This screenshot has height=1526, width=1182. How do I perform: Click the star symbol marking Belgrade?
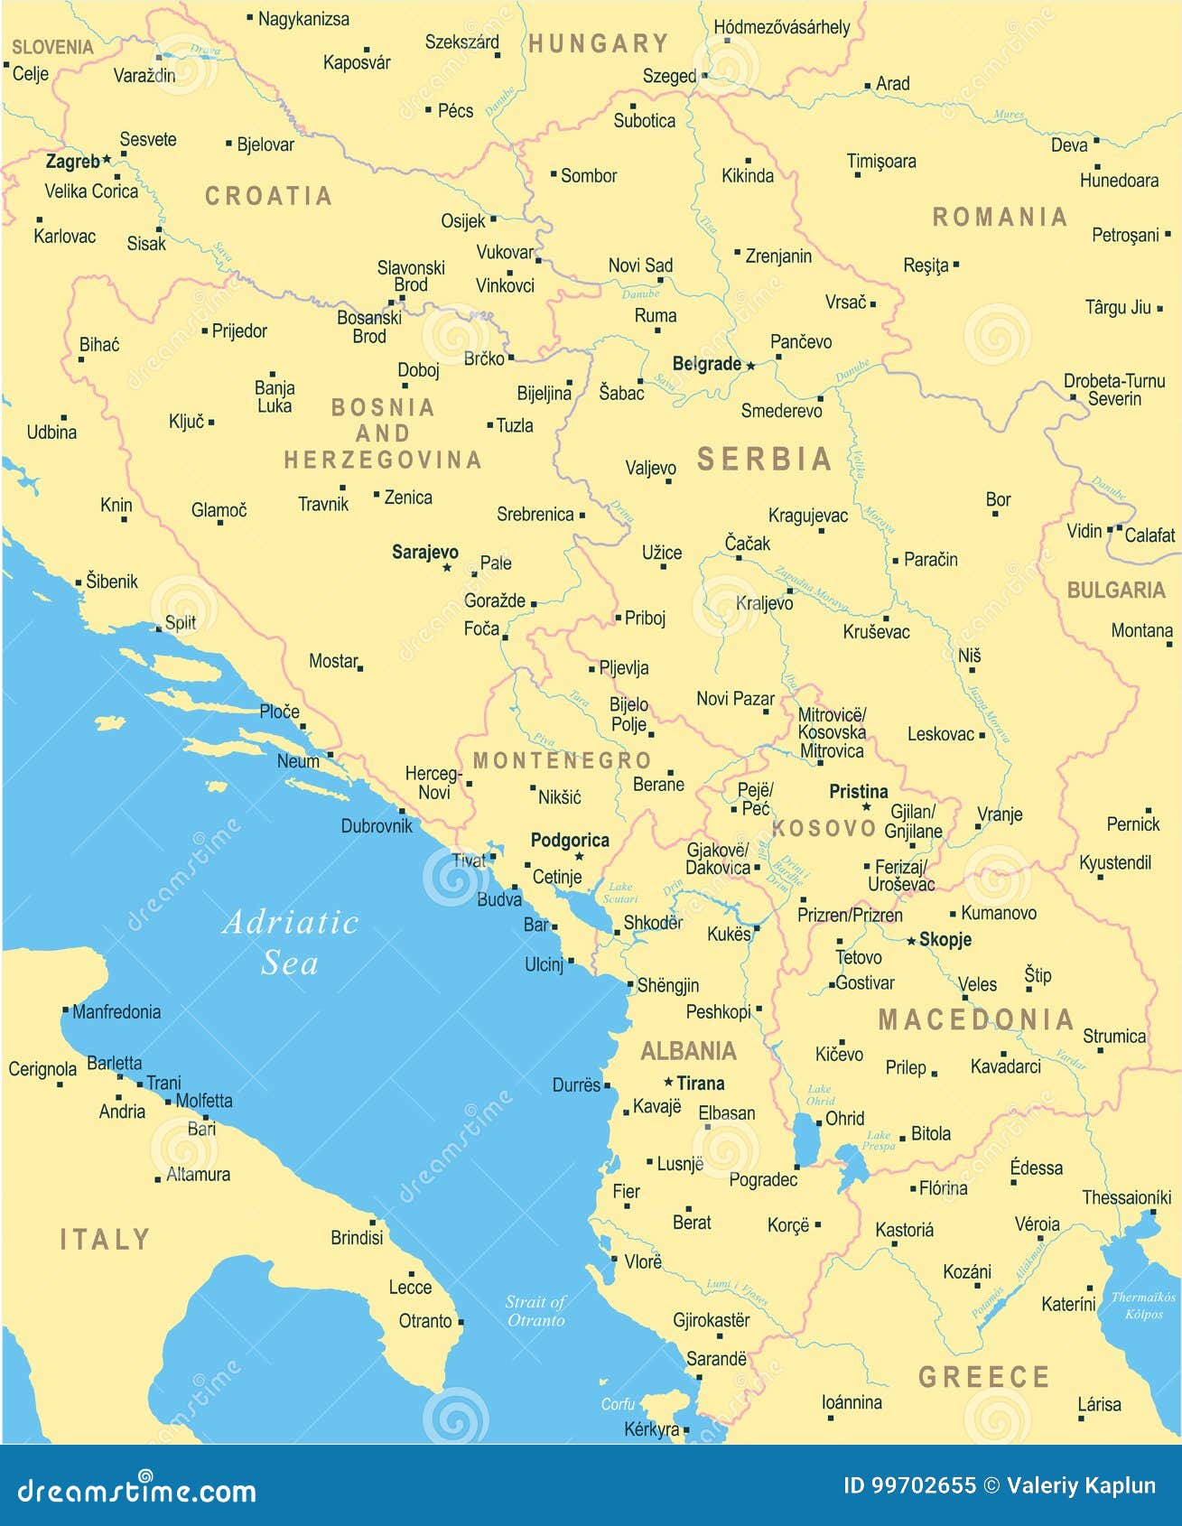tap(750, 366)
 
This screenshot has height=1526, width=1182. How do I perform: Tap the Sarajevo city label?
tap(424, 552)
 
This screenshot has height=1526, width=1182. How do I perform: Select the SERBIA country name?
tap(764, 460)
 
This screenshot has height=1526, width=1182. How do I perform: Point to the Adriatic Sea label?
tap(290, 942)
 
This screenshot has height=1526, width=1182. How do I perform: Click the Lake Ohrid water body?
tap(803, 1140)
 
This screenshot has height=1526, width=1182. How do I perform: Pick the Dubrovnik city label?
tap(377, 825)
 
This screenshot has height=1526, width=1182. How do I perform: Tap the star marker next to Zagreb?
tap(107, 159)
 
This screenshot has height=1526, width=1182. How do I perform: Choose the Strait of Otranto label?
tap(535, 1310)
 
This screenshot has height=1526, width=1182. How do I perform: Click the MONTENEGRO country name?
tap(562, 760)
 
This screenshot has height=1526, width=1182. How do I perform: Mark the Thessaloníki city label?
tap(1126, 1197)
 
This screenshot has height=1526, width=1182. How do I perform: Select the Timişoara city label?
tap(880, 162)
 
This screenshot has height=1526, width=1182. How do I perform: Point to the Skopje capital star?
tap(911, 940)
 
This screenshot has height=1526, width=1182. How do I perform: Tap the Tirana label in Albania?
tap(700, 1083)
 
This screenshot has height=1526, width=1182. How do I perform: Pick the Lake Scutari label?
tap(619, 892)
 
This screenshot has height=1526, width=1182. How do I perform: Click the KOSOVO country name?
tap(824, 828)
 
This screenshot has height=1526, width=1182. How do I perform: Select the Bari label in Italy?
tap(201, 1129)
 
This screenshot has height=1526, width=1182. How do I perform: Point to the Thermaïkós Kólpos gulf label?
tap(1143, 1305)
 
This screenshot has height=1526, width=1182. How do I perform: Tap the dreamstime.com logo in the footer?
tap(136, 1490)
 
